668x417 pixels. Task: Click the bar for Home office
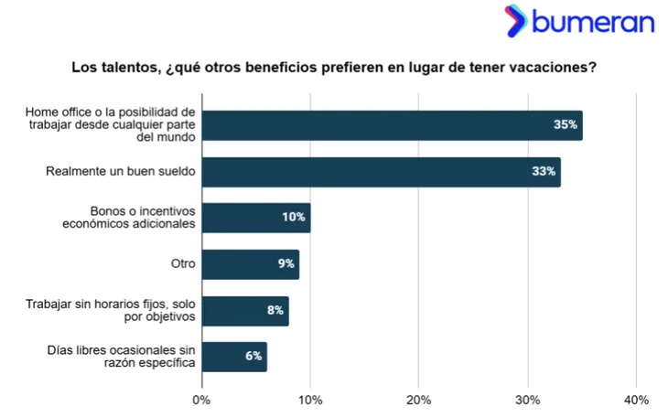coord(392,125)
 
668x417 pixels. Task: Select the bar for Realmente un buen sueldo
coord(381,172)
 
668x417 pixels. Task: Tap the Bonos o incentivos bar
coord(256,218)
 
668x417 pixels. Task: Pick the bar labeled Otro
coord(250,264)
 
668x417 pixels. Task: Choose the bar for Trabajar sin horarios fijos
coord(245,311)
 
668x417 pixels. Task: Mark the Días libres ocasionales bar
coord(234,357)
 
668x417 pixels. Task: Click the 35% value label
coord(565,125)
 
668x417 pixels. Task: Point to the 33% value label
coord(544,172)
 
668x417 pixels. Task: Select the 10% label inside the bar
coord(293,218)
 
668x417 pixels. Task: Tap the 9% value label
coord(285,264)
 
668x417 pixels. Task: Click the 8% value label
coord(275,311)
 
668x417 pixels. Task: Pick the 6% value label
coord(253,357)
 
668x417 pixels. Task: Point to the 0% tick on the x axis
coord(202,400)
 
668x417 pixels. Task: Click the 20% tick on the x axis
coord(419,400)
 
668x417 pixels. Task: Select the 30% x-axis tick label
coord(527,400)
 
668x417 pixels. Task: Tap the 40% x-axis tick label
coord(636,400)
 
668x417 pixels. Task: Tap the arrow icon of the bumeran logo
coord(515,20)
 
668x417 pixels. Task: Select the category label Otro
coord(183,264)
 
